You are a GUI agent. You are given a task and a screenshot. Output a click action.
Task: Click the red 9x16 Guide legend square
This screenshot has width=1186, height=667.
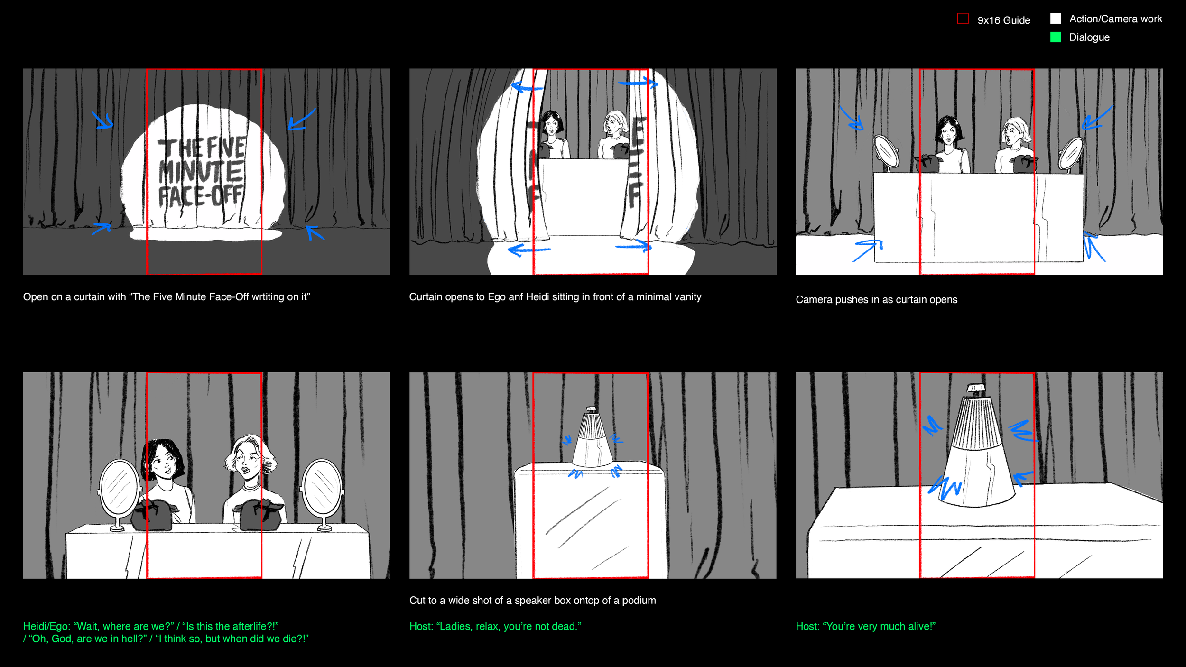pyautogui.click(x=963, y=19)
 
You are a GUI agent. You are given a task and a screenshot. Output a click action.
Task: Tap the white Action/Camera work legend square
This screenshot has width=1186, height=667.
pyautogui.click(x=1056, y=19)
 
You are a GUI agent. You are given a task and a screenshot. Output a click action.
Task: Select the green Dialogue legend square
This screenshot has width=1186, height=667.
pyautogui.click(x=1056, y=37)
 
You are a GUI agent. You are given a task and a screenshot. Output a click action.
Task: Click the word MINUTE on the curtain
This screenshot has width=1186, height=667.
pyautogui.click(x=202, y=172)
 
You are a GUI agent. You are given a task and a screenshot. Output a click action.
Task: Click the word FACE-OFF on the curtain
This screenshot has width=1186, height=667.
pyautogui.click(x=201, y=196)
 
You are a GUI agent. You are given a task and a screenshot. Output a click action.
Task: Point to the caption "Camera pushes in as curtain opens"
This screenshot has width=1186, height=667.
pyautogui.click(x=876, y=299)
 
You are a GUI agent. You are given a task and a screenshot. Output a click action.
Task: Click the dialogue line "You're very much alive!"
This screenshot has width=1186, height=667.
pyautogui.click(x=866, y=626)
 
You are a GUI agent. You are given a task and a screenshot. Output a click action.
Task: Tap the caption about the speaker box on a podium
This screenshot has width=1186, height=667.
pyautogui.click(x=532, y=600)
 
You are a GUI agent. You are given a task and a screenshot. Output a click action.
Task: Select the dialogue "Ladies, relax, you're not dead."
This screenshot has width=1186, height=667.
pyautogui.click(x=495, y=626)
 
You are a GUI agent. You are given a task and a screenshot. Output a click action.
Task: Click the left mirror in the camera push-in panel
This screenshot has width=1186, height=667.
pyautogui.click(x=886, y=152)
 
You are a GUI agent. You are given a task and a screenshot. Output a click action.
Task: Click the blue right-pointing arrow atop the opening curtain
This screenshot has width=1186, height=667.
pyautogui.click(x=638, y=83)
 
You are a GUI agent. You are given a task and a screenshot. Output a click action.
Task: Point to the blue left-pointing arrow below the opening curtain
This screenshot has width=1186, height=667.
pyautogui.click(x=528, y=250)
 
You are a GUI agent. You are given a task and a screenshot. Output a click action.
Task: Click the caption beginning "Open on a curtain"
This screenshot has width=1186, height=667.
pyautogui.click(x=167, y=296)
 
